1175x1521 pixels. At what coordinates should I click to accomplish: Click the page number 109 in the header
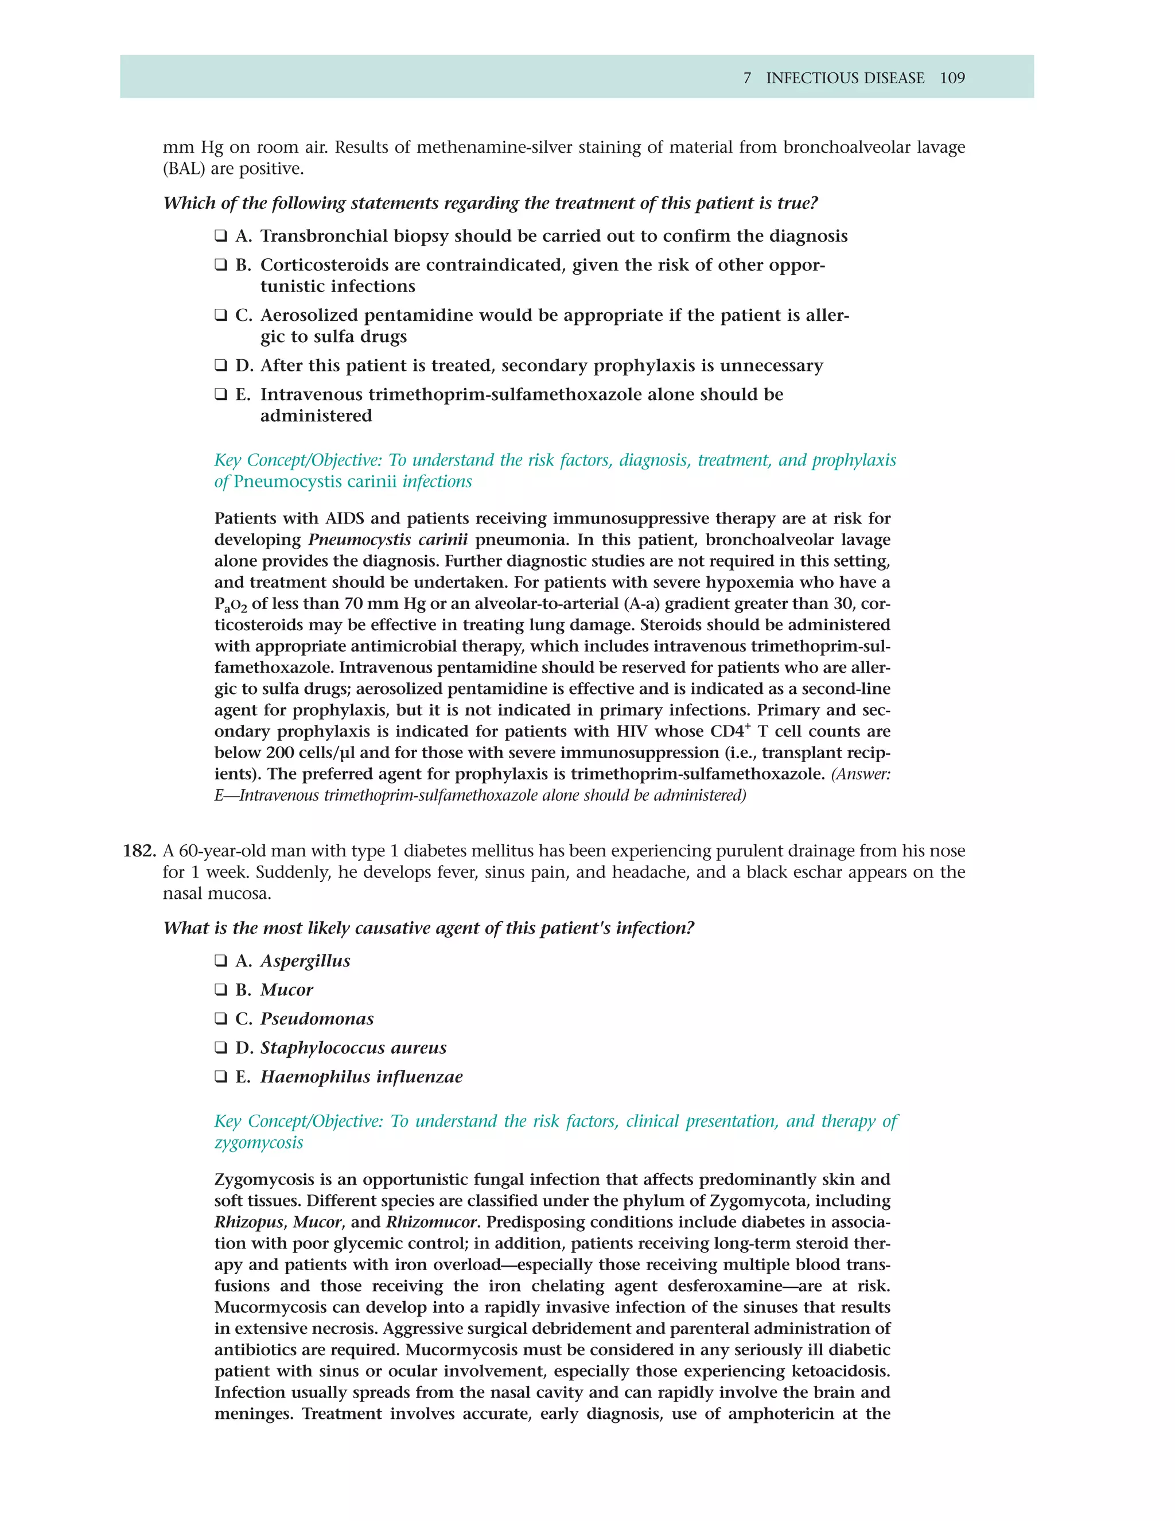pyautogui.click(x=952, y=78)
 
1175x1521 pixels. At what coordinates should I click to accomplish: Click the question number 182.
pyautogui.click(x=138, y=851)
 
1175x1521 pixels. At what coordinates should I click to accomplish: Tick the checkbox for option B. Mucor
pyautogui.click(x=221, y=990)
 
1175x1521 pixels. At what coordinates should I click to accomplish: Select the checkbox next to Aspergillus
pyautogui.click(x=221, y=961)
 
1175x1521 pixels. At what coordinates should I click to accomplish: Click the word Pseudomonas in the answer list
pyautogui.click(x=317, y=1019)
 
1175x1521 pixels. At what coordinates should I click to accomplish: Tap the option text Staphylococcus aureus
pyautogui.click(x=353, y=1048)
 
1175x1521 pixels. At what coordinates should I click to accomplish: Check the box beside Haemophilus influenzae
pyautogui.click(x=221, y=1077)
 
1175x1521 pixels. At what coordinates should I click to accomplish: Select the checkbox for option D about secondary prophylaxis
pyautogui.click(x=221, y=366)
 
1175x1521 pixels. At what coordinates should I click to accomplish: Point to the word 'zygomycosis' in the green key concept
pyautogui.click(x=258, y=1143)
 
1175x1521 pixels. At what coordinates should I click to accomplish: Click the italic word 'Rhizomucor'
pyautogui.click(x=431, y=1222)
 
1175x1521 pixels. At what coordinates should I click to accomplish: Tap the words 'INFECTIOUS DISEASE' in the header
pyautogui.click(x=845, y=78)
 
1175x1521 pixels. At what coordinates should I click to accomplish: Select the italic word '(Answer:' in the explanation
pyautogui.click(x=861, y=774)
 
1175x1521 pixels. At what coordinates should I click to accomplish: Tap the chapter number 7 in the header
pyautogui.click(x=747, y=78)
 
